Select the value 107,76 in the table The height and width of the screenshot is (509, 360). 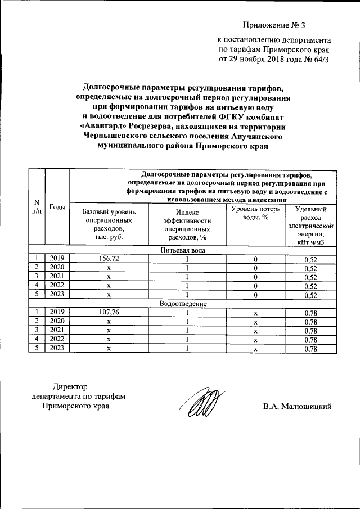(109, 312)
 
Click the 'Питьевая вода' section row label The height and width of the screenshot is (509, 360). (183, 250)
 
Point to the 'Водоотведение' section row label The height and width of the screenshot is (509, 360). (183, 304)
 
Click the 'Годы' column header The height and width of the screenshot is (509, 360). (57, 207)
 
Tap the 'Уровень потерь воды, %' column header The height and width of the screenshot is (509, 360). (255, 213)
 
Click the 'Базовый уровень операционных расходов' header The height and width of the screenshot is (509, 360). (109, 224)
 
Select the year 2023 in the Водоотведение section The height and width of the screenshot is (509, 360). (57, 349)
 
